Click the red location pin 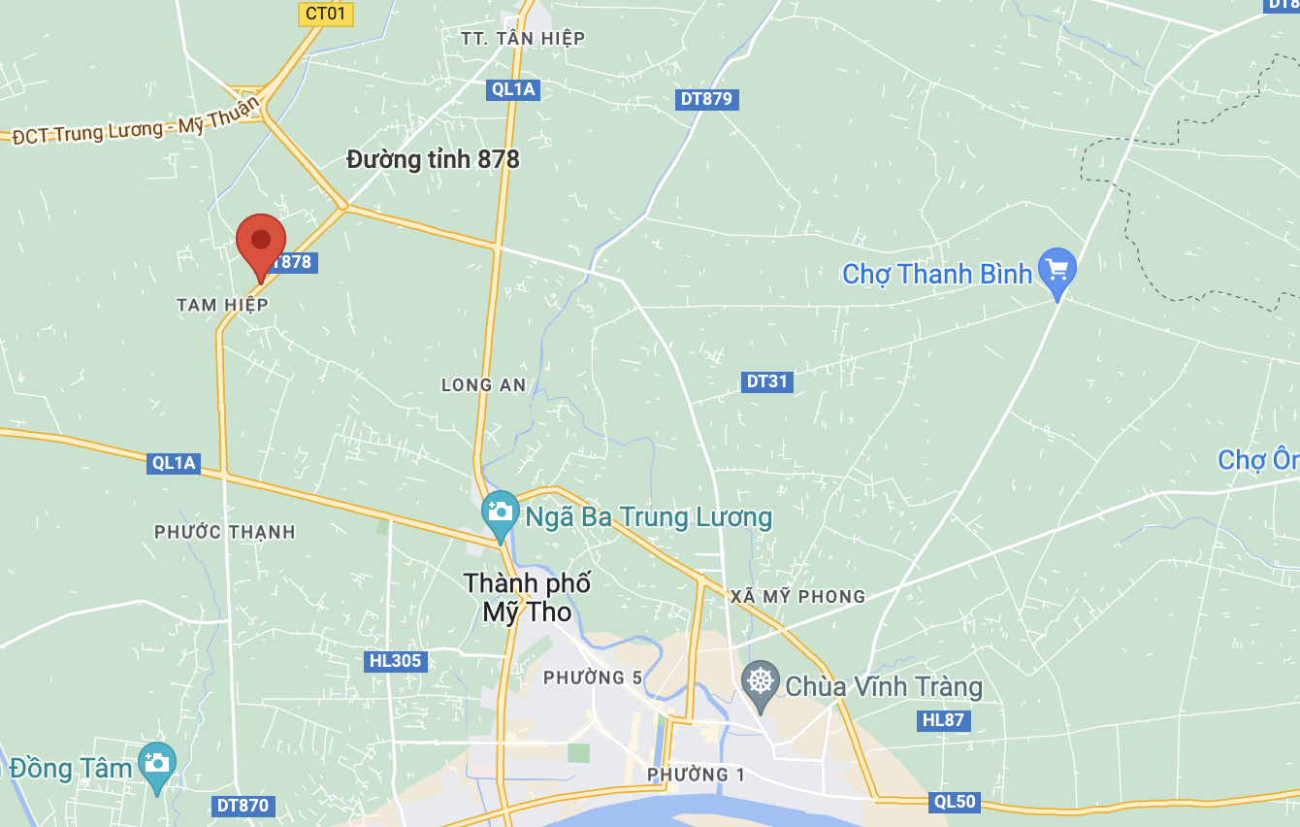coord(261,243)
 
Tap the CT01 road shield coord(325,13)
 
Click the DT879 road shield coord(706,99)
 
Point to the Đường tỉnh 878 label coord(433,159)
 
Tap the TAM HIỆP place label coord(222,305)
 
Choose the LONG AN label coord(484,385)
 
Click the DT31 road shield coord(766,381)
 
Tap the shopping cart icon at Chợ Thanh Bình coord(1056,269)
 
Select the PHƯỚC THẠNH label coord(225,532)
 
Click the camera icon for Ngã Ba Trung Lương coord(501,512)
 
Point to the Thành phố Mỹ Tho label coord(527,597)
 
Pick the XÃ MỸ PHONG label coord(797,596)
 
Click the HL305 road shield coord(396,662)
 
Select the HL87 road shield coord(943,720)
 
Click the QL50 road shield coord(955,802)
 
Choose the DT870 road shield coord(243,806)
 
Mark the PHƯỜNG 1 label coord(696,775)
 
